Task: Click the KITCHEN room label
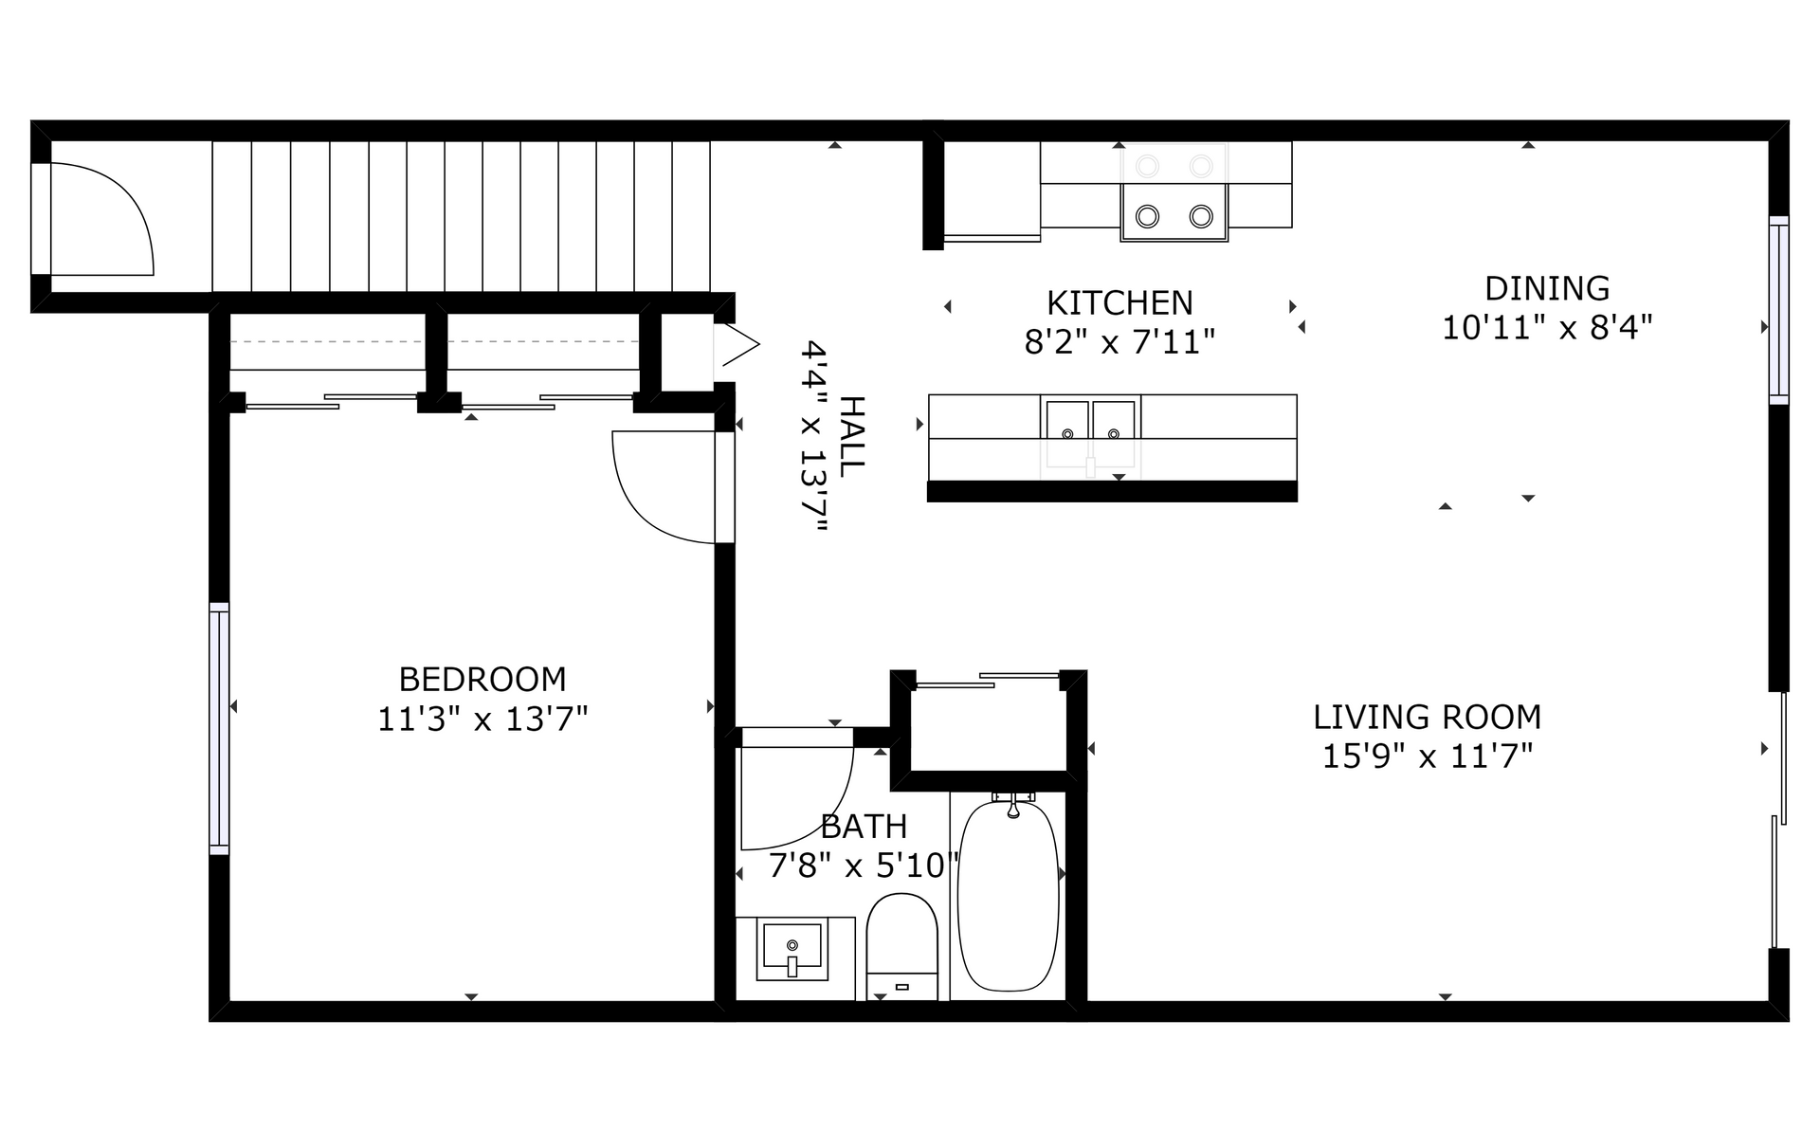click(x=1119, y=303)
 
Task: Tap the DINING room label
click(x=1547, y=288)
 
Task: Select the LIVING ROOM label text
click(x=1427, y=717)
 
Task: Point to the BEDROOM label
click(x=482, y=680)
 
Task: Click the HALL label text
click(x=852, y=436)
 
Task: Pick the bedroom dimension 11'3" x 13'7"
click(x=482, y=720)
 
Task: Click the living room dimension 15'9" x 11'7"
click(x=1427, y=756)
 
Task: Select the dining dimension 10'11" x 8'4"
click(x=1547, y=328)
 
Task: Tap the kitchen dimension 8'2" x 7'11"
click(x=1119, y=341)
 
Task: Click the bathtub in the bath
click(x=1008, y=895)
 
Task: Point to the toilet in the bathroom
click(x=902, y=946)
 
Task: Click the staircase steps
click(x=461, y=216)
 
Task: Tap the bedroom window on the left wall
click(x=219, y=728)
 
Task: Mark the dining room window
click(x=1779, y=311)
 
